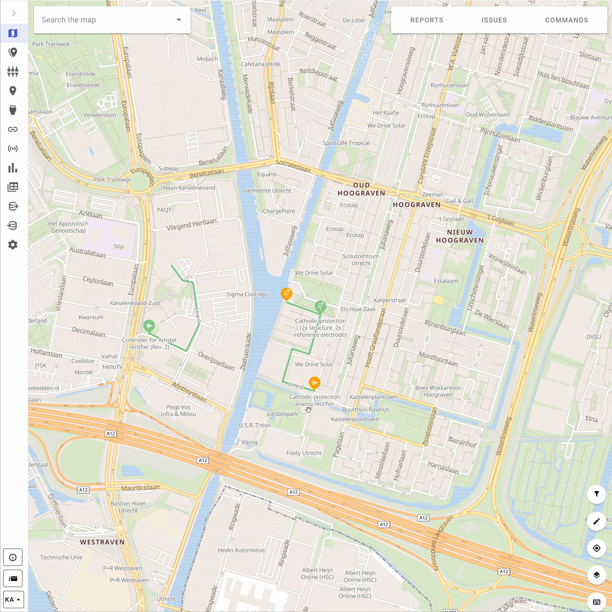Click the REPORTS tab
[x=427, y=20]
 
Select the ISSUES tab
[x=494, y=20]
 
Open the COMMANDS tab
[x=567, y=20]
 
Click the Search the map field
[x=106, y=20]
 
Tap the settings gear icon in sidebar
[x=13, y=245]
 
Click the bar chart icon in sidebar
[x=13, y=168]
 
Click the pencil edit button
[x=596, y=521]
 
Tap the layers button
[x=596, y=575]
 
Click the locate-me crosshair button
[x=596, y=548]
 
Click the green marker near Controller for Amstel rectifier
[x=149, y=326]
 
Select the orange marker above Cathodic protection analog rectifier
[x=314, y=383]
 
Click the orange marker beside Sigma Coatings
[x=286, y=293]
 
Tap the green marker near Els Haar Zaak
[x=320, y=306]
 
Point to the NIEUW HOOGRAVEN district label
[x=460, y=236]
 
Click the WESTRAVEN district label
[x=102, y=542]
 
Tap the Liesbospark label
[x=282, y=414]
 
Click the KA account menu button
[x=13, y=600]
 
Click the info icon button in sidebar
[x=13, y=558]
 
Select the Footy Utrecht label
[x=303, y=453]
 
